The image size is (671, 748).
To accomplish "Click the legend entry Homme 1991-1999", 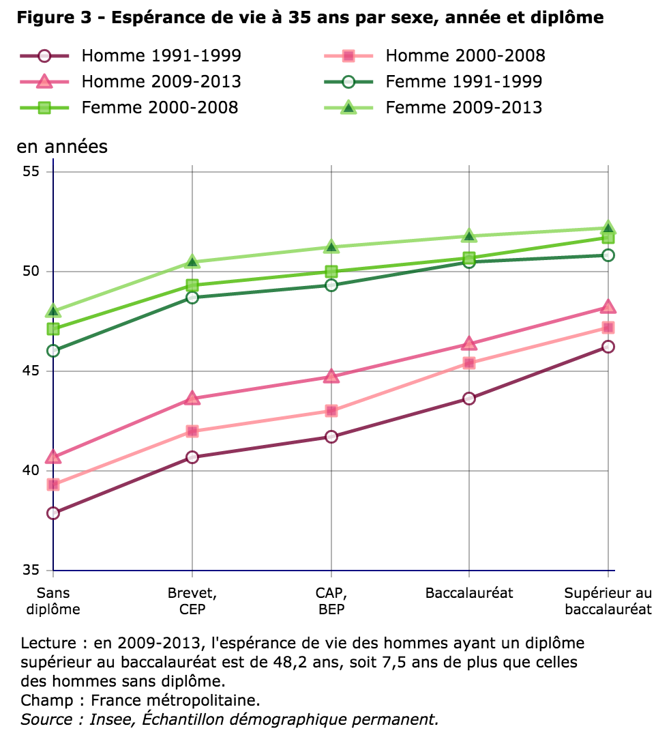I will coord(161,56).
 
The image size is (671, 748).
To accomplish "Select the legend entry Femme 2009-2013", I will coord(464,107).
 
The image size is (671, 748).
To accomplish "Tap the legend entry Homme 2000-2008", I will coord(465,56).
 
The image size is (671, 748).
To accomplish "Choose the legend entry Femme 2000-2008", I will coord(160,107).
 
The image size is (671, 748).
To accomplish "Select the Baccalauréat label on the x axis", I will coord(469,592).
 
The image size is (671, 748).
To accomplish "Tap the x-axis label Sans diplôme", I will coord(53,601).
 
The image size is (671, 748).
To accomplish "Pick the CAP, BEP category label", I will coord(331,601).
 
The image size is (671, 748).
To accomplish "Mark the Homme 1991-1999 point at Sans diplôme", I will coord(53,513).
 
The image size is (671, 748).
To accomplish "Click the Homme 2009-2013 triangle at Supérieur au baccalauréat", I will coord(608,307).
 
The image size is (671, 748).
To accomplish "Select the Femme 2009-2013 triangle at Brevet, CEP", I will coord(192,262).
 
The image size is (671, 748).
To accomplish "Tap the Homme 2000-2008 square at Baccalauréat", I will coord(469,363).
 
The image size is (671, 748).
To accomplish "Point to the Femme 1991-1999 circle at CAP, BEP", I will coord(331,285).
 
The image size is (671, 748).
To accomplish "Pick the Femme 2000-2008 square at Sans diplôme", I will coord(53,329).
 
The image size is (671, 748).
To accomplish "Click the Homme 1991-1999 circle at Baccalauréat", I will coord(469,399).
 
